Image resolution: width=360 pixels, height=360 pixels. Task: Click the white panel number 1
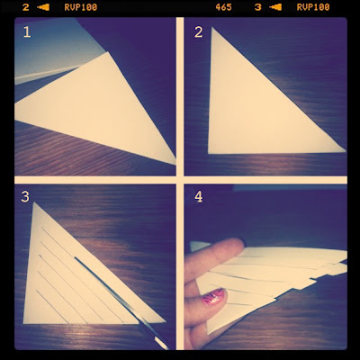tap(27, 32)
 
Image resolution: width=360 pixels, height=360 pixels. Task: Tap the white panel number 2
tap(199, 32)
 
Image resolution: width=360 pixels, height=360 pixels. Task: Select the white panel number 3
tap(25, 197)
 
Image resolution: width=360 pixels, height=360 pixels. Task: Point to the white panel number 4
tap(199, 197)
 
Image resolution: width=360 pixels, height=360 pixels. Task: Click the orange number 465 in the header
tap(223, 7)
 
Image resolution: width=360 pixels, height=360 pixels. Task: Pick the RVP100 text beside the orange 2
tap(81, 7)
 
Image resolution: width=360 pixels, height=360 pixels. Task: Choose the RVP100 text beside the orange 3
tap(313, 7)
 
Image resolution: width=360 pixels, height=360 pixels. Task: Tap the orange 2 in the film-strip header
tap(26, 7)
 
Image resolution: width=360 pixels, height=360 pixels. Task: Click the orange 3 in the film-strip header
tap(258, 7)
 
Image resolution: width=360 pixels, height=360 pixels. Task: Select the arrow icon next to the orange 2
tap(43, 7)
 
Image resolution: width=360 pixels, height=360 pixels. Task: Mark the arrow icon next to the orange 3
tap(275, 7)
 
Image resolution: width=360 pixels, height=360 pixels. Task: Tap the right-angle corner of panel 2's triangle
tap(209, 153)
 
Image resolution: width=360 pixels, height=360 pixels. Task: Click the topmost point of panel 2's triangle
tap(212, 27)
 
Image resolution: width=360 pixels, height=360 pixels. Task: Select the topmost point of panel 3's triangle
tap(34, 202)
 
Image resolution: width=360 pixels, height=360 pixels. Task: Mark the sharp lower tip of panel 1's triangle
tap(175, 164)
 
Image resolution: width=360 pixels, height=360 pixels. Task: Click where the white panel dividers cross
tap(180, 180)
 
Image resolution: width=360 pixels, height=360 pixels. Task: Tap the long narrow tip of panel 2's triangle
tap(345, 150)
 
